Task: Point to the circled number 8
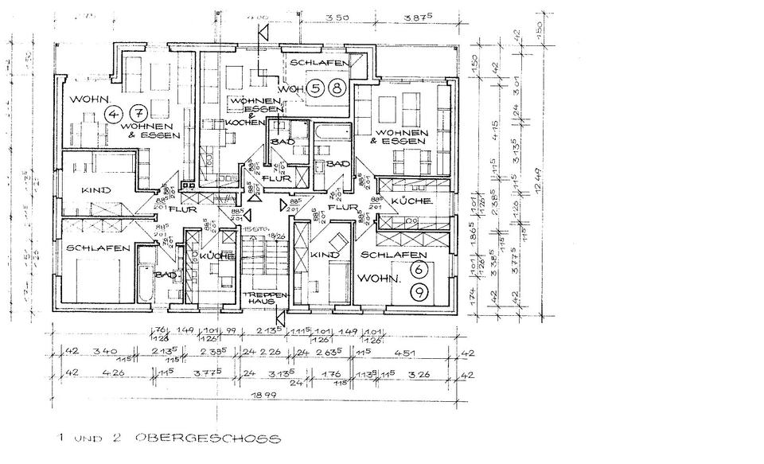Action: click(337, 88)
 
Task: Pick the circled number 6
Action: click(418, 270)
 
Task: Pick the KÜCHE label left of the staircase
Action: click(216, 256)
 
